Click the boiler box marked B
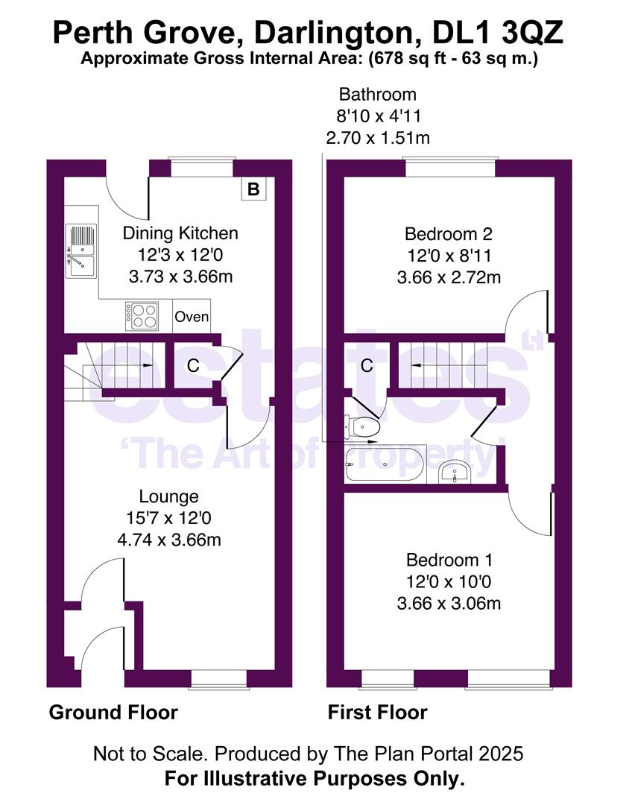coord(253,189)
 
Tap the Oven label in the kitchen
coord(192,317)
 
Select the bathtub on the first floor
coord(385,465)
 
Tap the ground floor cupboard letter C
coord(192,365)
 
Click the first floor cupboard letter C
coord(367,365)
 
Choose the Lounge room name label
coord(169,496)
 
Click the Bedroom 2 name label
coord(449,233)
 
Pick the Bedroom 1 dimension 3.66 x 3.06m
coord(449,602)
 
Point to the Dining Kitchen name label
coord(180,233)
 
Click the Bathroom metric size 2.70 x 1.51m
coord(378,137)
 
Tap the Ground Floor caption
coord(113,713)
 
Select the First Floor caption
coord(378,713)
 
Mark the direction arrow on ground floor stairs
coord(146,365)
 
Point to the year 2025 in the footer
coord(502,754)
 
